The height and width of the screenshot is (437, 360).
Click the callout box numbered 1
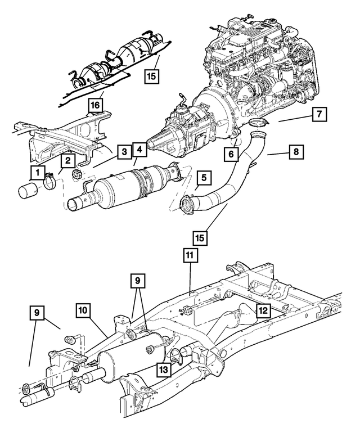point(37,172)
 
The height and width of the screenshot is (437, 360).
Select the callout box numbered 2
point(67,161)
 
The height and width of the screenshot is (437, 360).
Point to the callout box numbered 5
point(202,178)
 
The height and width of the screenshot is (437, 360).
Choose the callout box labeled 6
point(231,153)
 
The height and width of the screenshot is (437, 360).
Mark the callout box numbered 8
point(294,151)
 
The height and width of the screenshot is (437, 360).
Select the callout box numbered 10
point(83,310)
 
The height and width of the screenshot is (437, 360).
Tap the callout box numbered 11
point(190,256)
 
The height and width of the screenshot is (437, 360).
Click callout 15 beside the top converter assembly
point(150,75)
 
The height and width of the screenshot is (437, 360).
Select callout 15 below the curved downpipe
point(201,238)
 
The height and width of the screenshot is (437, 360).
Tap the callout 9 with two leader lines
point(137,280)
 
